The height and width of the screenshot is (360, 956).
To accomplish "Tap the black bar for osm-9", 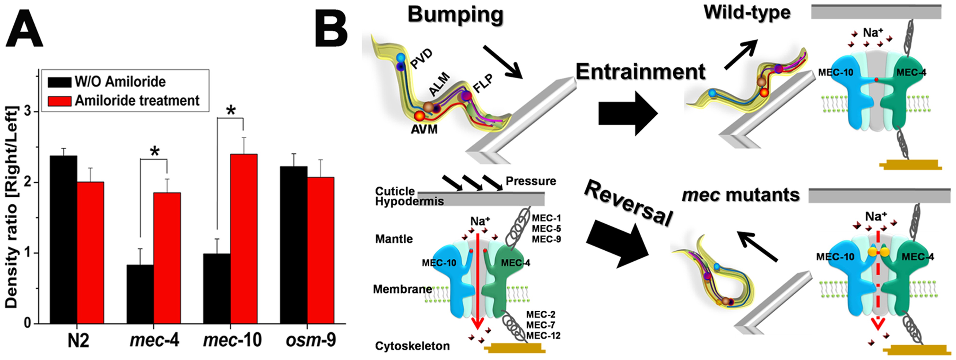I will pos(294,245).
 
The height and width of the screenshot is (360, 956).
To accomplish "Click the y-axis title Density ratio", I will pos(12,208).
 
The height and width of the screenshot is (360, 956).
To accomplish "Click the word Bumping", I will pos(455,16).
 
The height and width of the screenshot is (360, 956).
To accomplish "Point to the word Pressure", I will pos(531,181).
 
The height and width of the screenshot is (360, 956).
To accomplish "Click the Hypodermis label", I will pos(409,202).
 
